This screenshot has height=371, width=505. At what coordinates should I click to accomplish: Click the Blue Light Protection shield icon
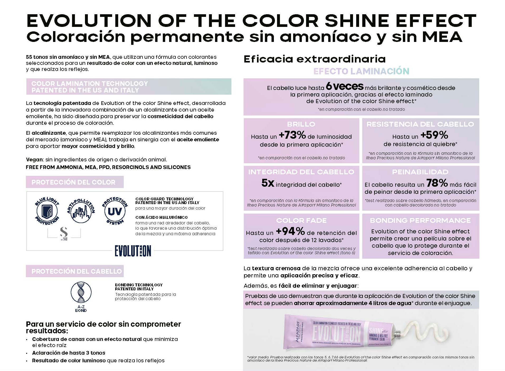tap(47, 211)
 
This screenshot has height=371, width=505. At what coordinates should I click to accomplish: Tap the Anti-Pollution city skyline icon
tap(81, 211)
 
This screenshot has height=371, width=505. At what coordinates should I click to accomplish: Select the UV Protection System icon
tap(115, 211)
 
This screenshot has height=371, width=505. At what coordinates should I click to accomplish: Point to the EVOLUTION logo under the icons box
tap(133, 251)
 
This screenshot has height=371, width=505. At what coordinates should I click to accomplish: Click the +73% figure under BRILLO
tap(292, 135)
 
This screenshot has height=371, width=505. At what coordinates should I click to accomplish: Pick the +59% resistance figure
tap(434, 135)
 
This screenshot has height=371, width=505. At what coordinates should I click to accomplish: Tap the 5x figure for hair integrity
tap(268, 183)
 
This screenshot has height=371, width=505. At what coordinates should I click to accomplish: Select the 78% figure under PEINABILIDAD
tap(437, 183)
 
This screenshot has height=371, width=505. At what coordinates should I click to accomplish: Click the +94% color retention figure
tap(290, 232)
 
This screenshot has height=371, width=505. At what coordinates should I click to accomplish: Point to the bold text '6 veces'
tap(345, 86)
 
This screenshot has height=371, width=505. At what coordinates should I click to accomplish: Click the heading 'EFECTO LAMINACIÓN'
tap(361, 71)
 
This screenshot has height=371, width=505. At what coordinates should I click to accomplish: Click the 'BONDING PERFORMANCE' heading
tap(420, 220)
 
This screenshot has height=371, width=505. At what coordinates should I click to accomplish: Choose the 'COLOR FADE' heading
tap(301, 220)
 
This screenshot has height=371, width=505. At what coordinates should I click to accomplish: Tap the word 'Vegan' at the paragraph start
tap(34, 160)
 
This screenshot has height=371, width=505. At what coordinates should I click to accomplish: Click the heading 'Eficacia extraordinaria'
tap(315, 59)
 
